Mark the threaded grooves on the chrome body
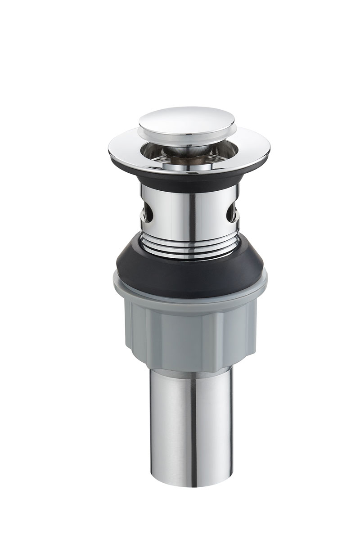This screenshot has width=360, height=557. [x=189, y=243]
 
